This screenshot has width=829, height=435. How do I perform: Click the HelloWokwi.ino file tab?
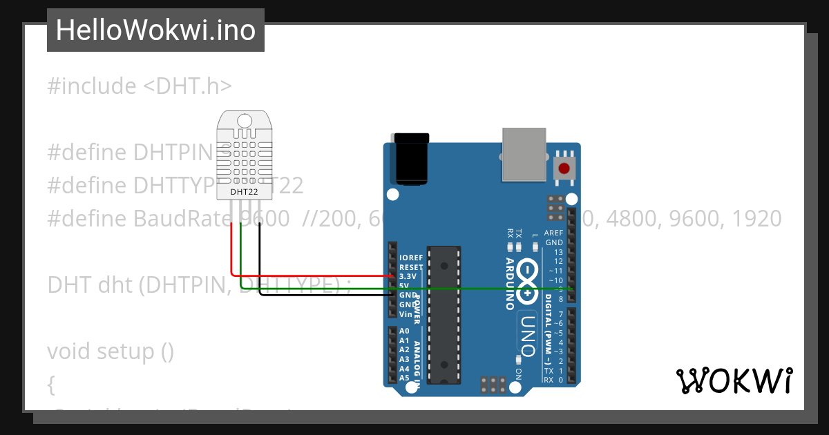click(x=155, y=30)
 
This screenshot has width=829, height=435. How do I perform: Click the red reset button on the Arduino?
click(x=564, y=168)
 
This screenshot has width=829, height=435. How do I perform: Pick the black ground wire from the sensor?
click(x=260, y=255)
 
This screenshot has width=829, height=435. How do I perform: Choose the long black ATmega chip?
click(x=443, y=314)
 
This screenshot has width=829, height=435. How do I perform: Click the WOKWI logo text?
click(x=734, y=380)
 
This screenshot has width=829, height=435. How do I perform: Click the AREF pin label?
click(x=553, y=233)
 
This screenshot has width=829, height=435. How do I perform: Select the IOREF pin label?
click(x=411, y=258)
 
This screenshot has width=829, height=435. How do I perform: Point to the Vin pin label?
click(x=406, y=314)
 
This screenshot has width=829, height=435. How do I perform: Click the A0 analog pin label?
click(x=404, y=331)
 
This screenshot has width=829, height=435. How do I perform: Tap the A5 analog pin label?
click(x=404, y=378)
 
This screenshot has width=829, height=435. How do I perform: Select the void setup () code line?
click(x=111, y=351)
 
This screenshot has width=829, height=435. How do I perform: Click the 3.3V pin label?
click(x=408, y=276)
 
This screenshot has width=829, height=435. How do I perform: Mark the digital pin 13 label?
click(x=558, y=252)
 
